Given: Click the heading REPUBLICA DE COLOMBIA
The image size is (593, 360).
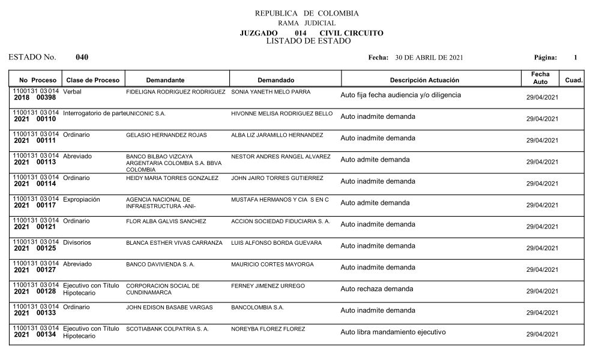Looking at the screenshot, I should (x=307, y=13).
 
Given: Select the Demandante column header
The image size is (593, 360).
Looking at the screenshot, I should (x=165, y=80).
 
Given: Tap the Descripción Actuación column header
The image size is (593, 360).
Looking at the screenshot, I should (x=424, y=80).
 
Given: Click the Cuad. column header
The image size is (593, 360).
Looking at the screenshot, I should (x=574, y=80).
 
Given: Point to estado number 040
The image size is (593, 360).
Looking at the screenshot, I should (x=82, y=58).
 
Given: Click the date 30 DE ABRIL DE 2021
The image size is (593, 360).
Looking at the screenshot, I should (x=429, y=58).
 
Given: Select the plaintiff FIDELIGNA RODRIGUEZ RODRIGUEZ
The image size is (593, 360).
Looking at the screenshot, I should (x=175, y=92).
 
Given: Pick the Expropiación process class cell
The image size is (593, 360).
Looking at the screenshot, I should (x=81, y=199).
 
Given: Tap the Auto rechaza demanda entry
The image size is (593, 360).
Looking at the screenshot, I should (x=376, y=289).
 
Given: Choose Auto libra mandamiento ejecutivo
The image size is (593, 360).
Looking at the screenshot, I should (x=393, y=332).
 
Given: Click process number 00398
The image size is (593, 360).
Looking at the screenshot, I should (x=46, y=97).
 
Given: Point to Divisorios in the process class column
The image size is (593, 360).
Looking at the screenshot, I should (x=77, y=242).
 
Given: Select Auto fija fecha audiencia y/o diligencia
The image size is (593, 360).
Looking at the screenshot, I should (x=400, y=95).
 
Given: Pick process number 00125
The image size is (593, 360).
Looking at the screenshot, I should (x=46, y=248).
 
